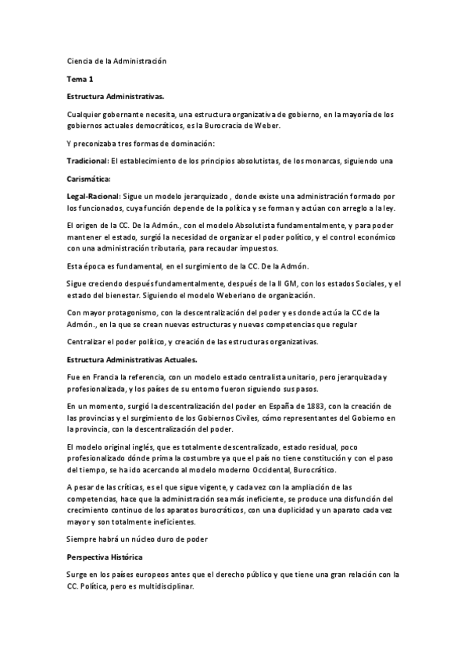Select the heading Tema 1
80,79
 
